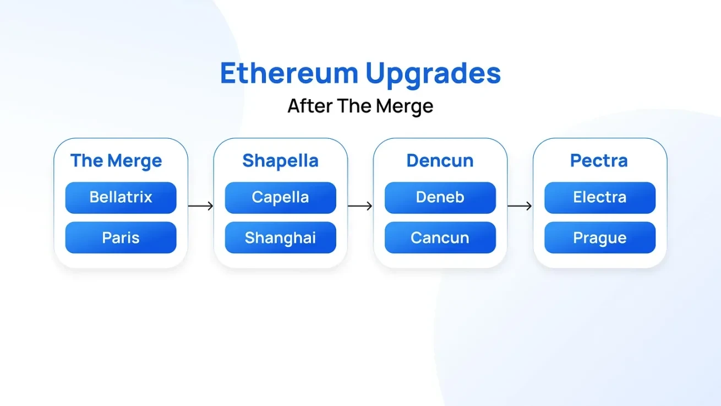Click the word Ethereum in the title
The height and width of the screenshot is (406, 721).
point(289,73)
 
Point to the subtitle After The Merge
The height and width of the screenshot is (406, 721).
point(360,106)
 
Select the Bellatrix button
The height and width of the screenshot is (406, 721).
point(121,197)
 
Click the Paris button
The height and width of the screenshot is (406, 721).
point(121,237)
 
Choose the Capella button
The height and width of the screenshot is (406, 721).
point(280,197)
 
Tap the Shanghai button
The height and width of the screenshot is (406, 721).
point(280,237)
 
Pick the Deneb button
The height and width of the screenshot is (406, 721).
point(440,197)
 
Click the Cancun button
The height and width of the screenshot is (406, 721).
point(440,237)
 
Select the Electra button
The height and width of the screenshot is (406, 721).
point(599,197)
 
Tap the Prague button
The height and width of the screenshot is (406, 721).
point(599,237)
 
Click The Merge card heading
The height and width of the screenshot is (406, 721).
point(116,161)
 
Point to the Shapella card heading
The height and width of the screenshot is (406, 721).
point(280,161)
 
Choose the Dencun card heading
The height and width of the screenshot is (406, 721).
point(440,161)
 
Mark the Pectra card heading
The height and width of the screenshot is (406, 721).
point(599,161)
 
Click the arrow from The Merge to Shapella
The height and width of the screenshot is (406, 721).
point(200,206)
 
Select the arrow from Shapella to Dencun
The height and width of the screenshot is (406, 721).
point(360,206)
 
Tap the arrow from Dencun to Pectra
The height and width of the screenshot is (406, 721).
point(520,206)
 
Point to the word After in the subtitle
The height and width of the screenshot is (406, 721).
point(309,106)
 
